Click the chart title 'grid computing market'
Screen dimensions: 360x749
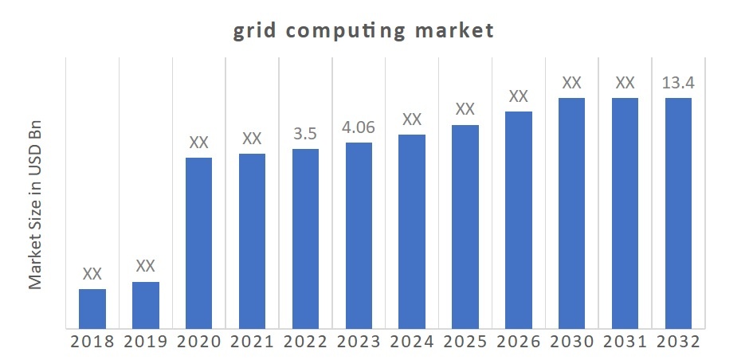coord(363,31)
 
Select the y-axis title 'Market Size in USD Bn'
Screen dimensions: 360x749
coord(35,205)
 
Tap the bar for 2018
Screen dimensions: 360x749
coord(92,307)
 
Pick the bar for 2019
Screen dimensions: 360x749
coord(146,304)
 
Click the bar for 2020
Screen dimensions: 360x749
coord(198,242)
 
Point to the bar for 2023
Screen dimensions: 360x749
coord(359,234)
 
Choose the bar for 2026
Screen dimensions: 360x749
coord(518,219)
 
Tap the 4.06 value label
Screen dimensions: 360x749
coord(359,127)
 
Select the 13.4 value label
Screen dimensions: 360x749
coord(678,82)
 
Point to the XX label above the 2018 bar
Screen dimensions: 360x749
coord(92,273)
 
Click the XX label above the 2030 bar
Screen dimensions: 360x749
coord(571,82)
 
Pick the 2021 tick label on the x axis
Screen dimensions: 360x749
coord(252,342)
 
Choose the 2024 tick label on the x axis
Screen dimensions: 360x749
coord(411,342)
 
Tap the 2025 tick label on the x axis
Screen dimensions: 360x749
coord(465,342)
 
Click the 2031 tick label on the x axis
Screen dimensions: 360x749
coord(625,342)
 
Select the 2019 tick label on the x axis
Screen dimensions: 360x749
coord(146,342)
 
